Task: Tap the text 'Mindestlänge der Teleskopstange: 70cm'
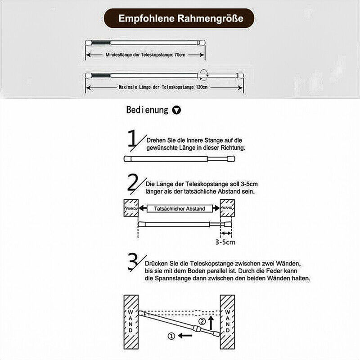point(145,54)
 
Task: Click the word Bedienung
point(147,110)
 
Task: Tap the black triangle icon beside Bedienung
point(177,110)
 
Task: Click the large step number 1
point(134,139)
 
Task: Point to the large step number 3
point(134,262)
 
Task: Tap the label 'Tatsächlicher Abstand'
point(179,209)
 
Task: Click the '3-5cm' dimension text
point(225,242)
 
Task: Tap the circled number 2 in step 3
point(202,321)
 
